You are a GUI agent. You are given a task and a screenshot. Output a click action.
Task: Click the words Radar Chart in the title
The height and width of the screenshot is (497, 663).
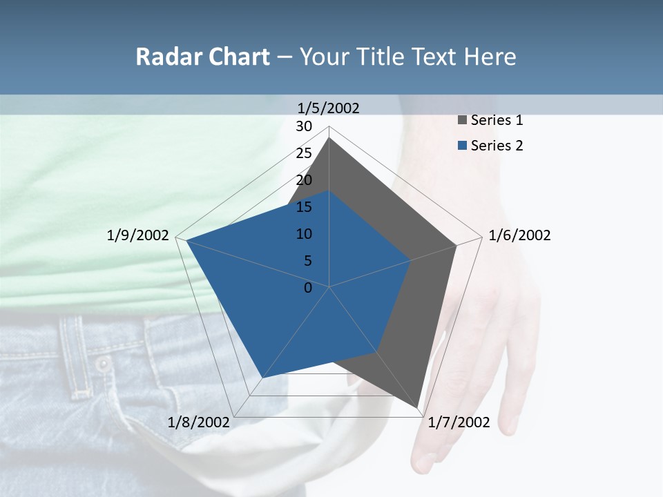(202, 57)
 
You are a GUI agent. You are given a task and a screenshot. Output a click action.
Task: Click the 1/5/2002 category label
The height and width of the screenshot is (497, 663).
(329, 108)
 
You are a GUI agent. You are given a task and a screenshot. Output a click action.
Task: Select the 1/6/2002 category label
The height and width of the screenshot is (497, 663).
(519, 235)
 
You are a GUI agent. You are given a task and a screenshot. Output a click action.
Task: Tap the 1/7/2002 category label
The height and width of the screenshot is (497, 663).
(459, 422)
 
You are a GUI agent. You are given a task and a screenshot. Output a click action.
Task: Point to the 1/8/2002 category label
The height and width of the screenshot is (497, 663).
(199, 422)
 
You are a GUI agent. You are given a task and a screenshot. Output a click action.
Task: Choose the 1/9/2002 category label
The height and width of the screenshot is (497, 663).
(138, 235)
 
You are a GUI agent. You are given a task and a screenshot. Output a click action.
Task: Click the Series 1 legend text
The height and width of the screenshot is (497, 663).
(497, 120)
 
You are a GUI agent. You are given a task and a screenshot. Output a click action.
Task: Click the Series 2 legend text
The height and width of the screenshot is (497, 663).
(497, 146)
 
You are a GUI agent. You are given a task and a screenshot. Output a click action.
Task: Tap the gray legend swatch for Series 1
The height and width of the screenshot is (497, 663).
(463, 121)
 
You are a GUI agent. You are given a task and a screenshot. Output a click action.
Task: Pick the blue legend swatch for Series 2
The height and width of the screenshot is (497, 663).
(463, 146)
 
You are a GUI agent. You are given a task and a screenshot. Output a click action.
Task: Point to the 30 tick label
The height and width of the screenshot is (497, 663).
(304, 126)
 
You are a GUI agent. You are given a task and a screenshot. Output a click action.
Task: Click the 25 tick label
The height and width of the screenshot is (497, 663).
(304, 153)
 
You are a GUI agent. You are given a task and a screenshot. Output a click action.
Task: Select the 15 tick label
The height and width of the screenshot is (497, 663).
(304, 207)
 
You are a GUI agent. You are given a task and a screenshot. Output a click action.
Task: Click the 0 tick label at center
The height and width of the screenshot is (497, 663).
(308, 288)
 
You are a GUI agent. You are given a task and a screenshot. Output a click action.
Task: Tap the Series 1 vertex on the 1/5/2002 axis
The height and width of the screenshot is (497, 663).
(329, 138)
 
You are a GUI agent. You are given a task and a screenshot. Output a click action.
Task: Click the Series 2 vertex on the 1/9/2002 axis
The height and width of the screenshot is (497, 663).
(186, 240)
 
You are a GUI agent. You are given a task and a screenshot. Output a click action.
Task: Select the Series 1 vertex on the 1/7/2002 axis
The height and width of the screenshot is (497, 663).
(418, 408)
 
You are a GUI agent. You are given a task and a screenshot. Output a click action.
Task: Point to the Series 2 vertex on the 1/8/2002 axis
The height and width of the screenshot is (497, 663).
(262, 378)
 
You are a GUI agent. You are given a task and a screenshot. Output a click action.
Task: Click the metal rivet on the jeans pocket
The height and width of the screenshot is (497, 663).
(103, 363)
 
